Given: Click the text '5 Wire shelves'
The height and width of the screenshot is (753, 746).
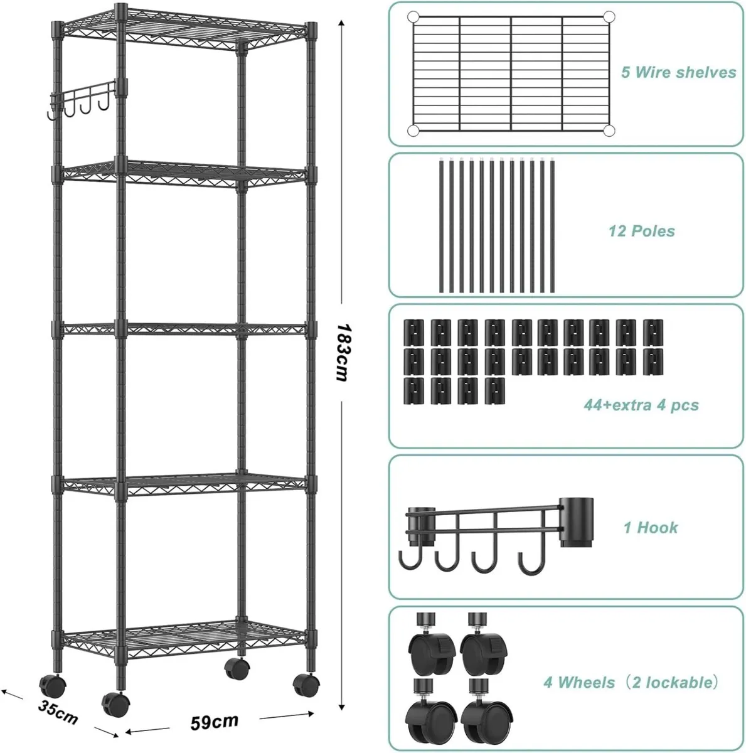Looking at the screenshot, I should pos(678,72).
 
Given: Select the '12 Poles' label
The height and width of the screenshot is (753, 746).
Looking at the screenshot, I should pos(641,231).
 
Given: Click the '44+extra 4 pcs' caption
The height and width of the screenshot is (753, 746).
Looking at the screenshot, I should pos(641,405).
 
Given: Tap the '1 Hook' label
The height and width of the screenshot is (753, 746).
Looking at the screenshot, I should pos(651,527).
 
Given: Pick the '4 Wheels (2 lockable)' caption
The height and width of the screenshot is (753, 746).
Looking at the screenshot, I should pos(629,681).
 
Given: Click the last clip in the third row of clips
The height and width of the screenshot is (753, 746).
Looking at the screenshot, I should pos(494,390).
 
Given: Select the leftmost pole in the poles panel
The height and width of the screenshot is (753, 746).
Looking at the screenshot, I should pos(440,226).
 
